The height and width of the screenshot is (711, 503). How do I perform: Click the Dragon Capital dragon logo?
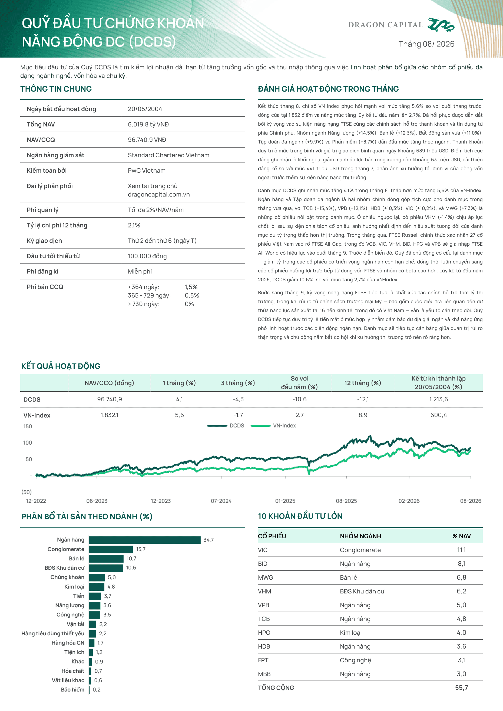441,25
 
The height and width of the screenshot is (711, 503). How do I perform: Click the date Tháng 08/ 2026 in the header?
426,44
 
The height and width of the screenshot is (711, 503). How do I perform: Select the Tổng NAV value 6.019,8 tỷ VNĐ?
148,125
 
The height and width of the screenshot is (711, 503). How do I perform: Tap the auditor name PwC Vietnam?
147,171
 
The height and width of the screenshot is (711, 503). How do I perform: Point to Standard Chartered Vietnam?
168,155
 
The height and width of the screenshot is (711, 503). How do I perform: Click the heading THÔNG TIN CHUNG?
56,89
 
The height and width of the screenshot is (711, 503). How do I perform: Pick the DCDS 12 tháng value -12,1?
363,399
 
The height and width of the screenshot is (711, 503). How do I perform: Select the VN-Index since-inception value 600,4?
439,415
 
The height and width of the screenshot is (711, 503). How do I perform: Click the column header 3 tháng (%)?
238,383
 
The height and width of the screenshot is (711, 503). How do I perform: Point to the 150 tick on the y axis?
28,426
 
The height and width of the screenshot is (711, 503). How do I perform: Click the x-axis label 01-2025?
285,501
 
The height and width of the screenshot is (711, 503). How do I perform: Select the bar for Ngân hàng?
145,540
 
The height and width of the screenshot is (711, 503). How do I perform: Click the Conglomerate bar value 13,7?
141,549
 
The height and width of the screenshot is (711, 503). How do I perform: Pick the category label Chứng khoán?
67,577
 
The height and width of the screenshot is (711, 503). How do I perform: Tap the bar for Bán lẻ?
106,559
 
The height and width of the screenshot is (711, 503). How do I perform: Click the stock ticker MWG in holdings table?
266,578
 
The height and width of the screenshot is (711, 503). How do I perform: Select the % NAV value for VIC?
461,550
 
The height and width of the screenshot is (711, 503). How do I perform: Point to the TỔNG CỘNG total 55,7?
461,688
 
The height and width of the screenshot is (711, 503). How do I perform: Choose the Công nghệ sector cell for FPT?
355,660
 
